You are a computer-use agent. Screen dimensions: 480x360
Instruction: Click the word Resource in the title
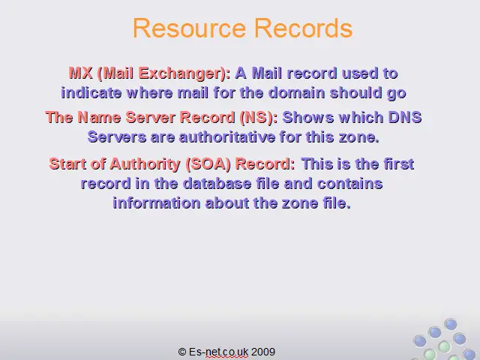click(x=190, y=28)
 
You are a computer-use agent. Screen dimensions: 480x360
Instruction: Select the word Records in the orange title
click(x=303, y=28)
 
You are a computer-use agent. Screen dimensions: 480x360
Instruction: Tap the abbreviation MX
click(x=80, y=73)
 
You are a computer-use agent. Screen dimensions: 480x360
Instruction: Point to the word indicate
click(x=91, y=93)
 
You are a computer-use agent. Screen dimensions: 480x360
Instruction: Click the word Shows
click(x=308, y=117)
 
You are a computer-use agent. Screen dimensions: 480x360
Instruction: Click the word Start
click(x=67, y=163)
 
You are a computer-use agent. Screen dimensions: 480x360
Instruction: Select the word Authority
click(x=145, y=164)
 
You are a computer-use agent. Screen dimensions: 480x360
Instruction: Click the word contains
click(x=350, y=183)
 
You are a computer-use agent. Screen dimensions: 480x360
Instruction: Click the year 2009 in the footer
click(x=263, y=352)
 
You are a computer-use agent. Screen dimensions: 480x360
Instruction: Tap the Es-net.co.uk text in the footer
click(x=218, y=352)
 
